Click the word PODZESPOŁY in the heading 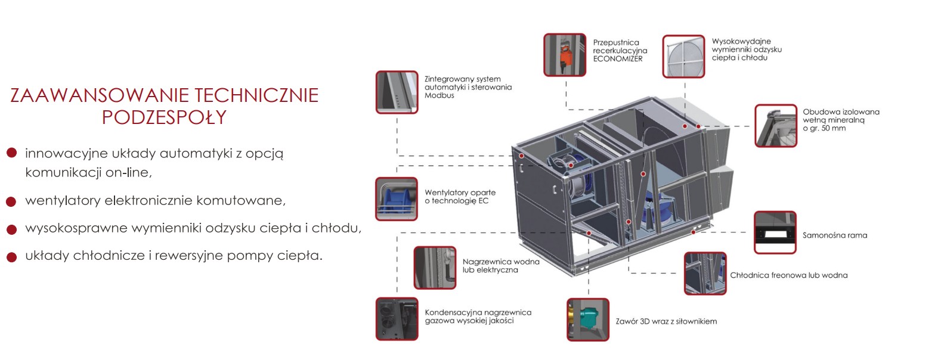[x=164, y=117]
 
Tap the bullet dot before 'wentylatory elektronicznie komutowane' [x=11, y=201]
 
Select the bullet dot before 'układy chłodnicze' [x=11, y=257]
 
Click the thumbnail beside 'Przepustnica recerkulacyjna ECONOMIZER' [x=565, y=55]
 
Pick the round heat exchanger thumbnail [x=683, y=56]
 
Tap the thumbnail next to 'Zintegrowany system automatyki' [x=397, y=92]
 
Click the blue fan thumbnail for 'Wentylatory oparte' [x=397, y=198]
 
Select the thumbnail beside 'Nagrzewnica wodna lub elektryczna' [x=435, y=268]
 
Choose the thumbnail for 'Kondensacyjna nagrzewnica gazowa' [x=397, y=319]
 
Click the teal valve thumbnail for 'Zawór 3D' [x=587, y=319]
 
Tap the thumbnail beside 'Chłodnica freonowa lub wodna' [x=705, y=273]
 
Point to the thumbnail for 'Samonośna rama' [x=775, y=232]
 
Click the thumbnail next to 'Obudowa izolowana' [x=775, y=126]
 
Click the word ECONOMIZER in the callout [x=618, y=59]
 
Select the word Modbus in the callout [x=439, y=95]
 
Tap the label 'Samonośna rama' [x=834, y=235]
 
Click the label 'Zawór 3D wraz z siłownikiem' [x=666, y=321]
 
